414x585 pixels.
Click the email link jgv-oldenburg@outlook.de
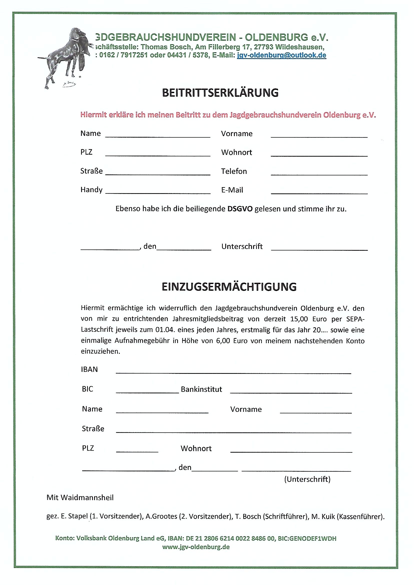[281, 55]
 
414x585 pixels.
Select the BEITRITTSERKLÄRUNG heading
[220, 93]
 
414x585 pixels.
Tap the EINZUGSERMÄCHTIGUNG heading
[229, 287]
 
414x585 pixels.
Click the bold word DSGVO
[240, 209]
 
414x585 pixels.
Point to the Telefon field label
[234, 171]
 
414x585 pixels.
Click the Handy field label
[91, 190]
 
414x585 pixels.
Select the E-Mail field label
[232, 190]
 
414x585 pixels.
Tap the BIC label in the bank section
[87, 389]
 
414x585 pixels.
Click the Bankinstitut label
[201, 389]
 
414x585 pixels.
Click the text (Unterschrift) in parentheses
[307, 479]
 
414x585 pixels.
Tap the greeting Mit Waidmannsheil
[80, 497]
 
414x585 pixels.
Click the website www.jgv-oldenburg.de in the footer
[196, 547]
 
